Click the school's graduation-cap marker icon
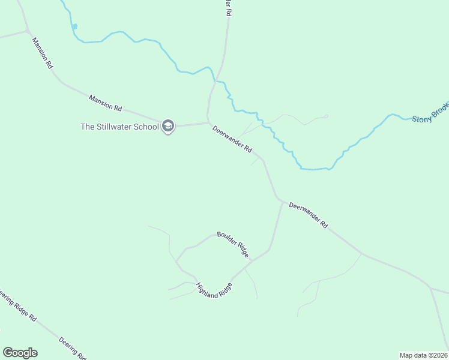[167, 127]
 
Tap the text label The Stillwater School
[119, 127]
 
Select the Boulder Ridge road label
[233, 244]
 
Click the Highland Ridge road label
[214, 288]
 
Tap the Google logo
[20, 353]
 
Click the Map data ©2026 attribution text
[423, 355]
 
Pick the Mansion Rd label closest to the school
[106, 103]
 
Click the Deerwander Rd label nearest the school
[232, 139]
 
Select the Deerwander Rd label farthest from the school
[309, 215]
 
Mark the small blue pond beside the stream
[74, 26]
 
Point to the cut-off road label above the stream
[228, 8]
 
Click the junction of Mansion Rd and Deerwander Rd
[208, 122]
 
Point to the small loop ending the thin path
[326, 116]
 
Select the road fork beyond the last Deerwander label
[430, 289]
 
